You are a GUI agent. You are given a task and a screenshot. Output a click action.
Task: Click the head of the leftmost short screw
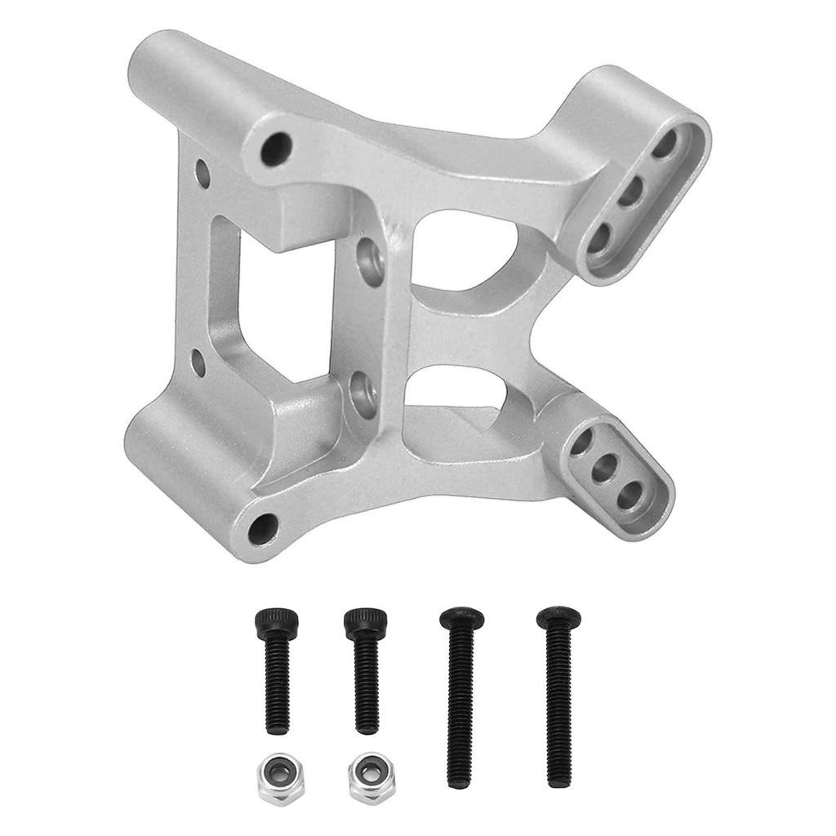[275, 624]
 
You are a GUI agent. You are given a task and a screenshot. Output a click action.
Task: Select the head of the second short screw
[364, 624]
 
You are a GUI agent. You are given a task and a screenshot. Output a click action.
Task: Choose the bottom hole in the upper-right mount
[600, 239]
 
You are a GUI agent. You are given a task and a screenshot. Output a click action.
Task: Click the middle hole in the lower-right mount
[606, 468]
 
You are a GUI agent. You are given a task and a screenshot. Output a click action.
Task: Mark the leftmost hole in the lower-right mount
[584, 442]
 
